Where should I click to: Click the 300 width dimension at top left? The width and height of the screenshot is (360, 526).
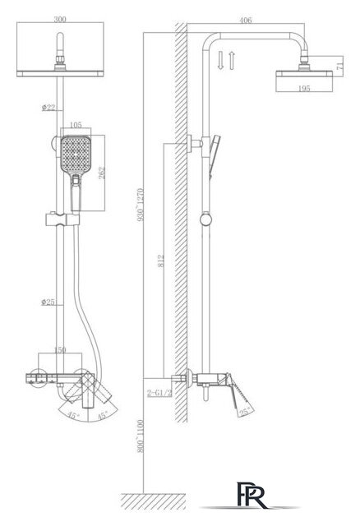pos(60,19)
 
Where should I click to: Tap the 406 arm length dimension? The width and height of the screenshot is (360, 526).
pos(246,20)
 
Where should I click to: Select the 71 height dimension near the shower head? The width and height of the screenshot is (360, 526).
pos(339,62)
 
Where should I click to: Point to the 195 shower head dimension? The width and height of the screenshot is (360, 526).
pos(304,89)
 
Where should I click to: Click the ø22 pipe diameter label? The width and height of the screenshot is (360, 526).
pos(48,108)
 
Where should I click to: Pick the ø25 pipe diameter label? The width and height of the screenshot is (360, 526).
pos(48,302)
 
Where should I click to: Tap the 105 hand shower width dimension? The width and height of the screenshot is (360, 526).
pos(76,125)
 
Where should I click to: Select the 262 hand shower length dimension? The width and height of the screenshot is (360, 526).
pos(102,173)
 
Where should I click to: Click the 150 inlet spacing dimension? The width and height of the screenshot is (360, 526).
pos(60,350)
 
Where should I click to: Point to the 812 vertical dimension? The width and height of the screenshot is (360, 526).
pos(161,261)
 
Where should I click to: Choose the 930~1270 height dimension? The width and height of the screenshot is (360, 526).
pos(141,205)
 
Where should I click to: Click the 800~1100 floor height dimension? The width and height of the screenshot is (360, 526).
pos(141,436)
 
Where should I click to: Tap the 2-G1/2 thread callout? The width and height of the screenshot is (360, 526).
pos(159,393)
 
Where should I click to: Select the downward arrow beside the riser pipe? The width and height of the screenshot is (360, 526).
pos(220,60)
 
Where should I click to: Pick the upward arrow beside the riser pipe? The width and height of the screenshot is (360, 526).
pos(231,60)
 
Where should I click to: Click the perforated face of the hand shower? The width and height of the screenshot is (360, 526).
pos(76,154)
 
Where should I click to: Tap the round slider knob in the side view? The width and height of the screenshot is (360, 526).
pos(205,219)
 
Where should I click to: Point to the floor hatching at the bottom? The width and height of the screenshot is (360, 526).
pos(154,501)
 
